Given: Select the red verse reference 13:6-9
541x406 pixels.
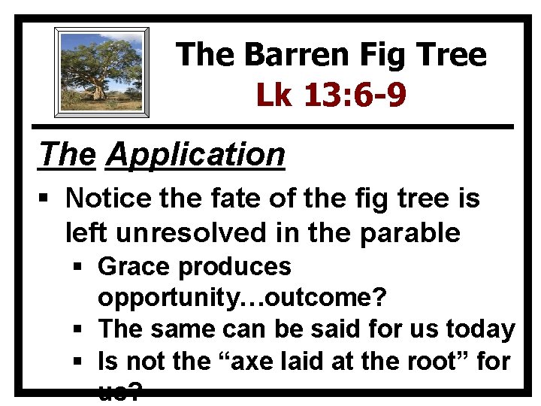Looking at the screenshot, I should (355, 95).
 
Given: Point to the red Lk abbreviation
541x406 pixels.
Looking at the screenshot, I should (277, 95).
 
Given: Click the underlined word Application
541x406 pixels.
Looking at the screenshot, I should (196, 155).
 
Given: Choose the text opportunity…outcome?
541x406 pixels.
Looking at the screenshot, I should (242, 298).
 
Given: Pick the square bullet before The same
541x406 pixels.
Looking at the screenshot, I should (80, 329).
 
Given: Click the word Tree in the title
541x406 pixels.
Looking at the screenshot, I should (449, 55).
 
